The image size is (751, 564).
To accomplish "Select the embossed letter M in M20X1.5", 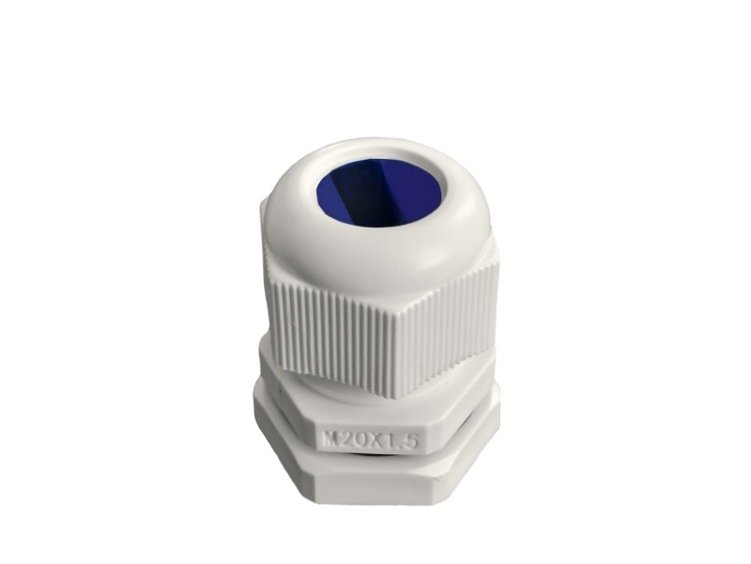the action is pyautogui.click(x=328, y=439).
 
